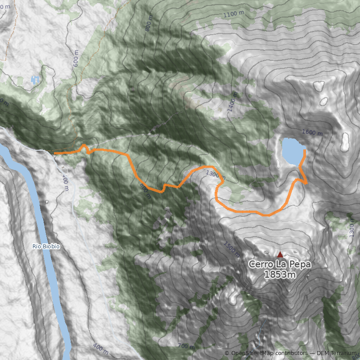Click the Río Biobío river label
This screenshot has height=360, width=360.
click(x=46, y=247)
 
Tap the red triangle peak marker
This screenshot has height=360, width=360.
click(x=280, y=254)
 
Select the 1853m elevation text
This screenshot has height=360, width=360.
click(x=279, y=274)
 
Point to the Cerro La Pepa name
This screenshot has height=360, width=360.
click(x=279, y=265)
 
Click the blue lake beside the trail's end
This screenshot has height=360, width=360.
click(x=293, y=151)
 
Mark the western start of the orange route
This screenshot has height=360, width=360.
click(x=55, y=153)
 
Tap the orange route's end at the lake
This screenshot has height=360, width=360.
click(x=305, y=151)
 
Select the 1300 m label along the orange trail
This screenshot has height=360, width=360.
click(x=215, y=174)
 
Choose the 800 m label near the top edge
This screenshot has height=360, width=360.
click(x=149, y=23)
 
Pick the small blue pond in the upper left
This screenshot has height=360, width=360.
click(x=35, y=80)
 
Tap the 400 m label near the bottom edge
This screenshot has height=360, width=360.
click(x=100, y=348)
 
